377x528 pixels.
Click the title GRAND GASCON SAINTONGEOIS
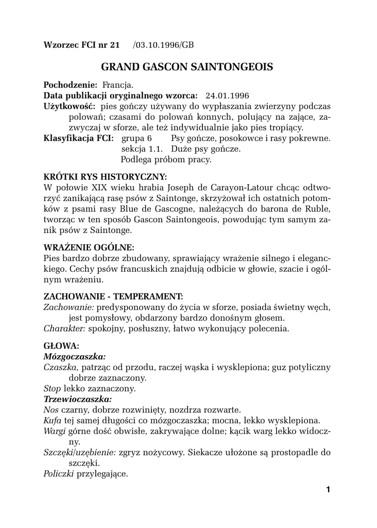187,67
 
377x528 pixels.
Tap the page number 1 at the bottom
328,489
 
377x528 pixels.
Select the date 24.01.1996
227,95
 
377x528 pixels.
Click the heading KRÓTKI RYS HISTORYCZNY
105,176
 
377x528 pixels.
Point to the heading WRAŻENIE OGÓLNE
89,247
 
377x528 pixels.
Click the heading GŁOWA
61,345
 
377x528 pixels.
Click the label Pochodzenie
71,84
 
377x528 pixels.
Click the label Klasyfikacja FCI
79,139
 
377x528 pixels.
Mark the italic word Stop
52,388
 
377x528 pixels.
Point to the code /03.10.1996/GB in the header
163,45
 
